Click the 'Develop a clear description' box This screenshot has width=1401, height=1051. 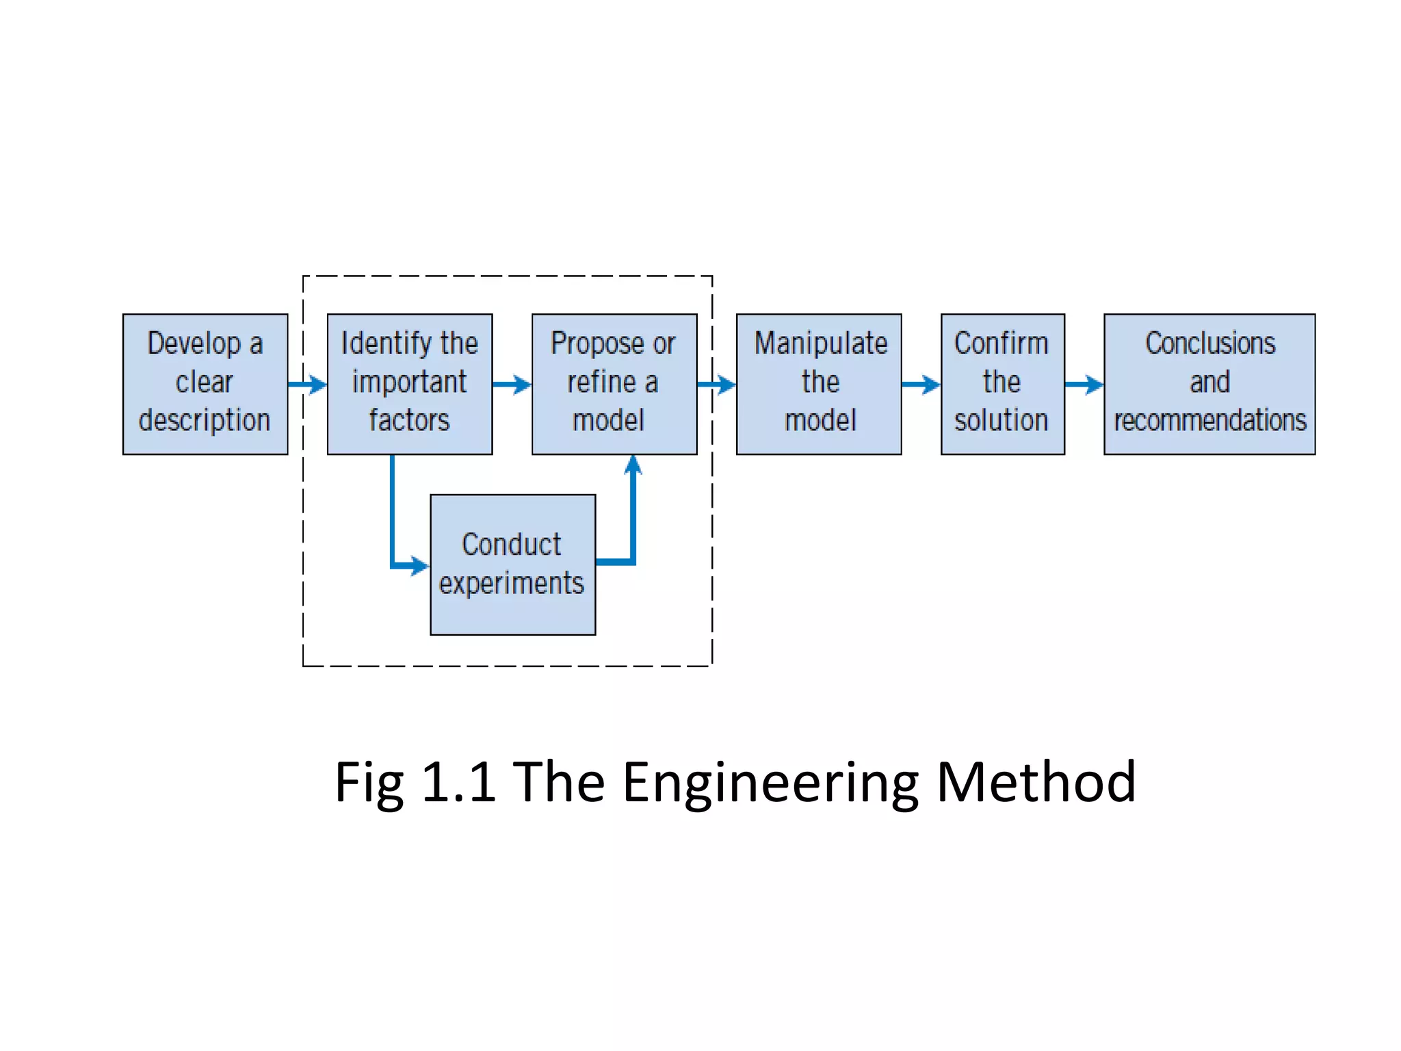pos(205,384)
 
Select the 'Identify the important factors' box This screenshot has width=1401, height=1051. pos(409,384)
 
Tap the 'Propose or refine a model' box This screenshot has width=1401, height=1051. pos(614,384)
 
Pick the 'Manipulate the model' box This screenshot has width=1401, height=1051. pos(818,384)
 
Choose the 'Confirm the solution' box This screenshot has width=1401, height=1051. pos(1002,384)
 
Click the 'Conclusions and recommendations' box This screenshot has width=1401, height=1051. pos(1209,384)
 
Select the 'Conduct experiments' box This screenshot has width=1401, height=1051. pos(512,565)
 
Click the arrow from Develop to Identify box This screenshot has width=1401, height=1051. pos(307,384)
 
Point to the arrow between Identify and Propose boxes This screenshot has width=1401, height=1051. pos(512,384)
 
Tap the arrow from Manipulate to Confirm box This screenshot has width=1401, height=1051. pos(921,384)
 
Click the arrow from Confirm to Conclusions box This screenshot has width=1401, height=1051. pos(1084,384)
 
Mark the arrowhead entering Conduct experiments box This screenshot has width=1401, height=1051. pos(419,566)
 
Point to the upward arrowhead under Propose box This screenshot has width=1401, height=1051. pos(633,465)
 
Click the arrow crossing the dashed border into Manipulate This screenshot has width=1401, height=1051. pos(717,384)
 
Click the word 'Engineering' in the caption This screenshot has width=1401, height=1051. pos(770,782)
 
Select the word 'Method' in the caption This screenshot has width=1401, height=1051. pos(1036,782)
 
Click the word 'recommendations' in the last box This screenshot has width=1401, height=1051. pos(1209,420)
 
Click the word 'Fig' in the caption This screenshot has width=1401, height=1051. pos(369,782)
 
